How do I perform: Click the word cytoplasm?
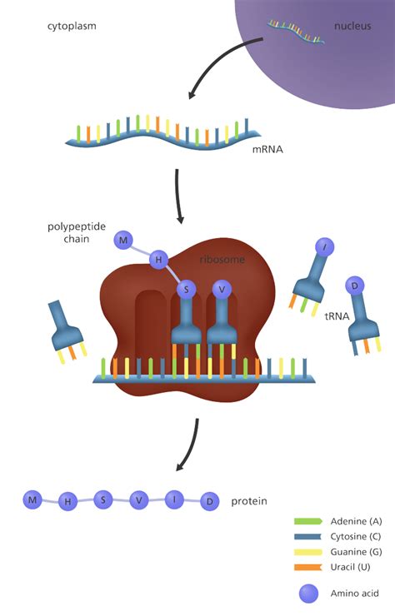72,26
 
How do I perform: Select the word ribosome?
222,260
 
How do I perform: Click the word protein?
249,501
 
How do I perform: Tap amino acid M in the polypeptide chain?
123,241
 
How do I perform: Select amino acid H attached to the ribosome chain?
157,261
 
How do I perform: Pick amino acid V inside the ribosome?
221,289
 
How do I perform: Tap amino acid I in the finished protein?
174,499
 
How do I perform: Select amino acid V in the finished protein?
138,501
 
